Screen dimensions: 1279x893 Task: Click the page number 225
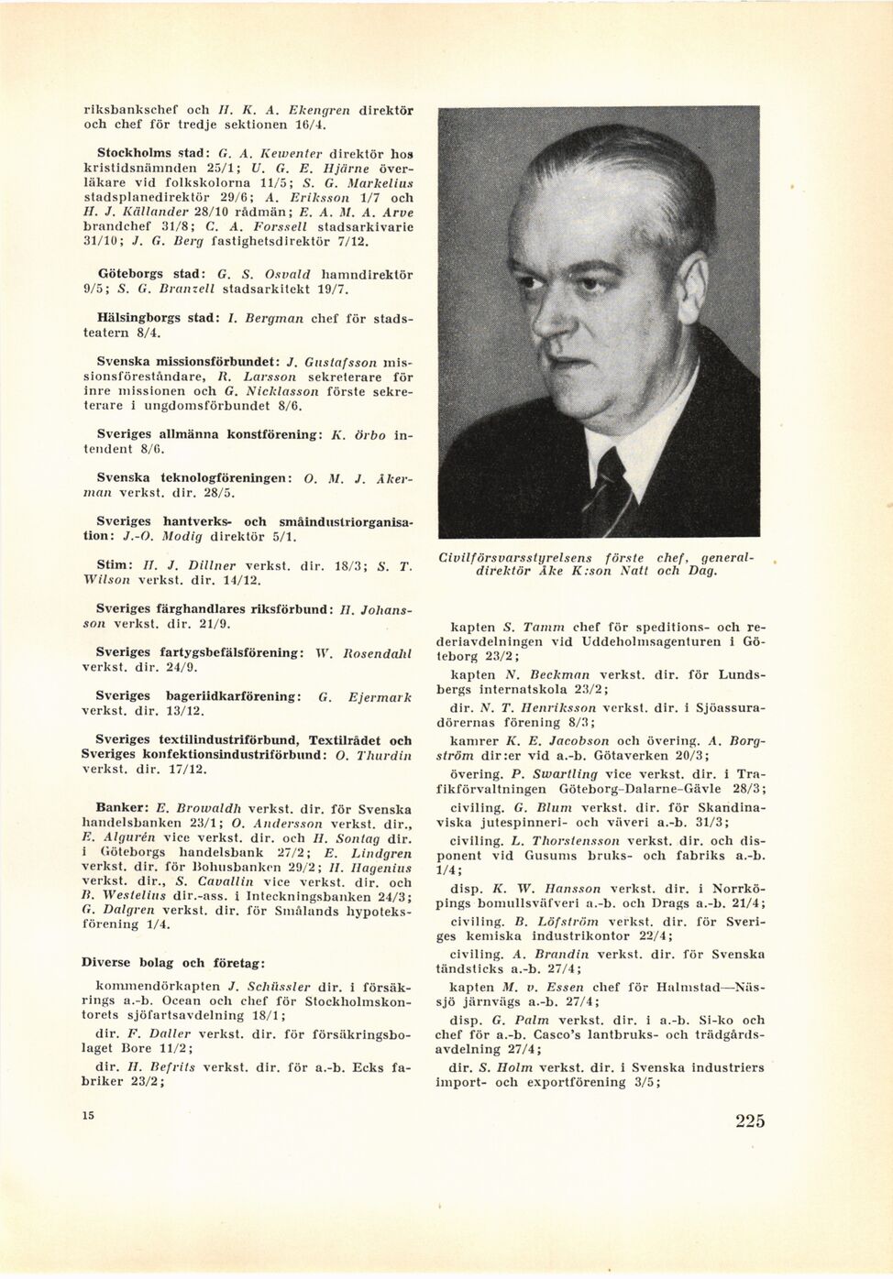pyautogui.click(x=749, y=1120)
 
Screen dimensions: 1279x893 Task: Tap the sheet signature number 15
pyautogui.click(x=88, y=1114)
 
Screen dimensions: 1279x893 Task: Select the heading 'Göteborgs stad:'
pyautogui.click(x=149, y=274)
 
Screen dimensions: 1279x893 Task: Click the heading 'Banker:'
pyautogui.click(x=123, y=809)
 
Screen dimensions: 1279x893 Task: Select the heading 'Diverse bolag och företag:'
pyautogui.click(x=174, y=963)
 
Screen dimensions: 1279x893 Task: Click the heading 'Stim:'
pyautogui.click(x=116, y=564)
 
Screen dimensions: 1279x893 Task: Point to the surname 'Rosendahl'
pyautogui.click(x=375, y=652)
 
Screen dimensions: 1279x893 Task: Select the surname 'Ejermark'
pyautogui.click(x=380, y=696)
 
